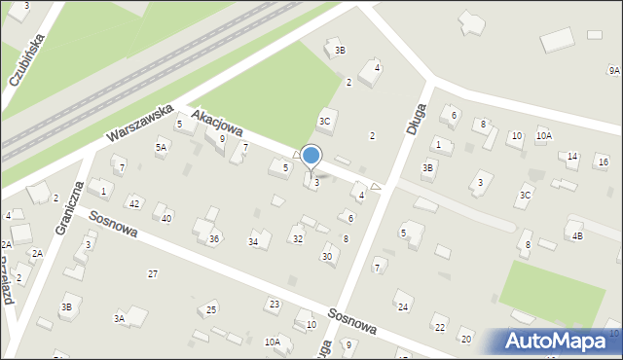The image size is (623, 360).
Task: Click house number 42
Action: (x=134, y=203)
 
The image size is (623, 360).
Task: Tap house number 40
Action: (x=166, y=218)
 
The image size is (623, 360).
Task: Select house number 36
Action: (x=214, y=238)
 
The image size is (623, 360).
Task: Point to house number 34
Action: (x=254, y=241)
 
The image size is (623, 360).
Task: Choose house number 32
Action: (x=297, y=238)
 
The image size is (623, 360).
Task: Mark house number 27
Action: (x=152, y=273)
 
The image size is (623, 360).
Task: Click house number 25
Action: (x=211, y=310)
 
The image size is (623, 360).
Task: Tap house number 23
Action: (x=274, y=305)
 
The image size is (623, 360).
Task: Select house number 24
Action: (x=403, y=306)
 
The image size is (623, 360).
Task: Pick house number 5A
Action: (x=162, y=146)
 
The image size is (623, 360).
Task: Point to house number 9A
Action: (x=613, y=71)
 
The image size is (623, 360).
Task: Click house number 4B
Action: (x=577, y=235)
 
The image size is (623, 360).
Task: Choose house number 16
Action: (x=603, y=162)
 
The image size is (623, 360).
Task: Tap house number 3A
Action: (x=119, y=318)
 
